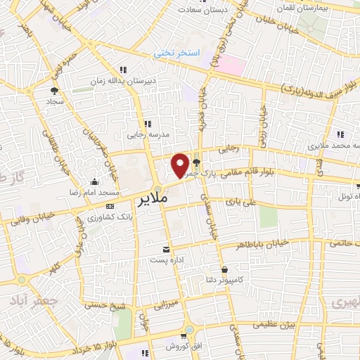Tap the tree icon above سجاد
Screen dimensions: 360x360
point(54,90)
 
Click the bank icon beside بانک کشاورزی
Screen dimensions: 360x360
point(109,206)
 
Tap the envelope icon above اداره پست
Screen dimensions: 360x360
point(167,250)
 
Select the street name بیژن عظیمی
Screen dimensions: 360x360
point(275,324)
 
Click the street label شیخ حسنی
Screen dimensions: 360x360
point(102,304)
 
